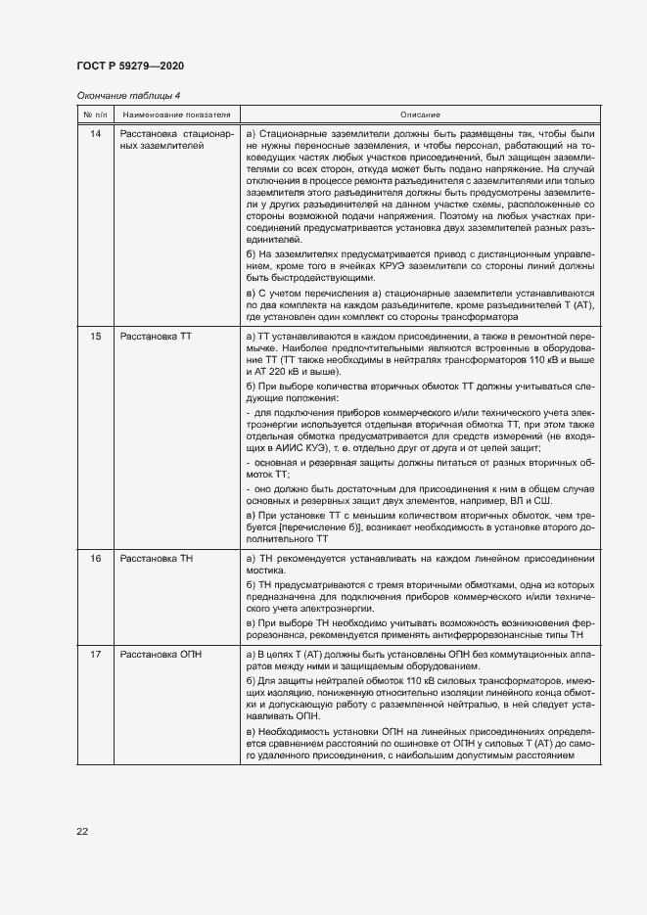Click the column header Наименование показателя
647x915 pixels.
coord(175,114)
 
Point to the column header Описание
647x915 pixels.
coord(419,114)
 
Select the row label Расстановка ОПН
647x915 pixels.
coord(161,653)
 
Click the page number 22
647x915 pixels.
coord(82,831)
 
